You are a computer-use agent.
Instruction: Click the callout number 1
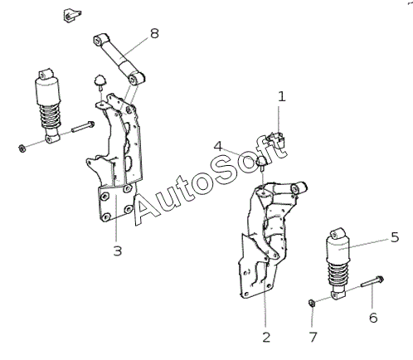(281, 97)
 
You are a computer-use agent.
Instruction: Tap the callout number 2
(266, 338)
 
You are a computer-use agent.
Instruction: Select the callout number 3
(118, 251)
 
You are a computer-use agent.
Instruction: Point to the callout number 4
(218, 146)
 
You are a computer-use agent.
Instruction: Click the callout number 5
(395, 237)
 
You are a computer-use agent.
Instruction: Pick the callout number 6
(373, 318)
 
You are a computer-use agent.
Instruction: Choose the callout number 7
(313, 338)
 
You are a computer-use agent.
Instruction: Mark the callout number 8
(154, 34)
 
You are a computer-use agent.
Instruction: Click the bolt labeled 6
(372, 282)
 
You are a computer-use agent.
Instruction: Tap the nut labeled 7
(312, 303)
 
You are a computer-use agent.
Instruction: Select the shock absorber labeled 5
(338, 264)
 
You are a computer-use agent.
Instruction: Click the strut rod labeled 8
(119, 59)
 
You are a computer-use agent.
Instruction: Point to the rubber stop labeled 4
(262, 163)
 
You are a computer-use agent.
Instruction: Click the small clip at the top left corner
(71, 16)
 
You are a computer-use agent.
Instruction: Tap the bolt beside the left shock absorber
(83, 127)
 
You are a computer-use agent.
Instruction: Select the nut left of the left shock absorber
(22, 148)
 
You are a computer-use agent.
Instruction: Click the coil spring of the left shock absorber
(50, 117)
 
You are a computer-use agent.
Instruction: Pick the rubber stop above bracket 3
(100, 81)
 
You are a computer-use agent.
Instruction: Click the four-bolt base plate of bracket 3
(116, 202)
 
